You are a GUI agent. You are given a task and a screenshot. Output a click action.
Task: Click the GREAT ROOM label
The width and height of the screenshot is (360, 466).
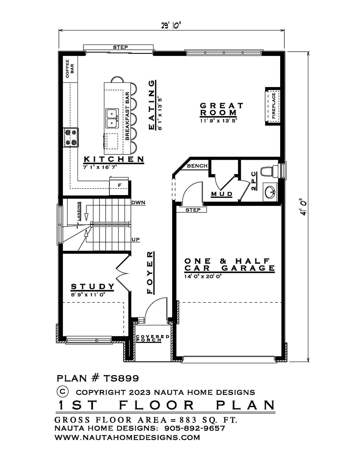222,109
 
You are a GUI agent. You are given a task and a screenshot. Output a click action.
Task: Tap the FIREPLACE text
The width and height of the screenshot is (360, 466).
273,106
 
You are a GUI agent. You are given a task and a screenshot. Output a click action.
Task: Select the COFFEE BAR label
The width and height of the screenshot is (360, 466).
70,68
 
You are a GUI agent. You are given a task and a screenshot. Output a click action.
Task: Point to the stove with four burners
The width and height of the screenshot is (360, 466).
71,137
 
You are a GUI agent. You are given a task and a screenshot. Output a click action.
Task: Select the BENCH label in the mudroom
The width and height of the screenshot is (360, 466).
197,166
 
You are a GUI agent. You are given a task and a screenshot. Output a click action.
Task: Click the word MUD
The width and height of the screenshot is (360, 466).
222,194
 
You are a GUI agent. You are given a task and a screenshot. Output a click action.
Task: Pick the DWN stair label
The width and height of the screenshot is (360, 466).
138,202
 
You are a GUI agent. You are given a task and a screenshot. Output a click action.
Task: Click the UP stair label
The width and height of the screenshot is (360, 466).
135,239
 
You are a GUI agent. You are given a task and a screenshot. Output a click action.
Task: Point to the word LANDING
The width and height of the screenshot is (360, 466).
79,211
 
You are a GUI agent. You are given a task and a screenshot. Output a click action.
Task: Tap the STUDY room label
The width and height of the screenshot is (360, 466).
93,286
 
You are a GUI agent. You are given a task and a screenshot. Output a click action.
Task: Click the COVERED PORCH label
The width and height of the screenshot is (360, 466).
153,338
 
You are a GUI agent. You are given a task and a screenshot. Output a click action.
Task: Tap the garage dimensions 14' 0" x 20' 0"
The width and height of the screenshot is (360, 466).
203,276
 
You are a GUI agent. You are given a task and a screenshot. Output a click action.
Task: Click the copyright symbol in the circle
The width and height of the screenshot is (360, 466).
63,391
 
